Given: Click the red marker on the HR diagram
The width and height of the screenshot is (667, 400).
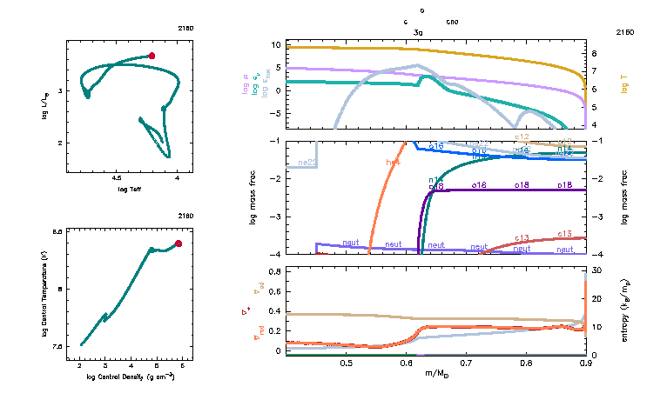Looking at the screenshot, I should coord(152,56).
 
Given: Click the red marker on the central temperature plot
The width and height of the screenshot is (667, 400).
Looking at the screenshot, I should coord(179,243).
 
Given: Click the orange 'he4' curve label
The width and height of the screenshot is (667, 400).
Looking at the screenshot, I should coord(394,162).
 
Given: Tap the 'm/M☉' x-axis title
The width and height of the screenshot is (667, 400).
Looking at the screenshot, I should coord(436,374).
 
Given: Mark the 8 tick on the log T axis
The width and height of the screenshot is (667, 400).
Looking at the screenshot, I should coord(594,52).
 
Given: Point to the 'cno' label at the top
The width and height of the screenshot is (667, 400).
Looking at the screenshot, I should coord(452,21).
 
